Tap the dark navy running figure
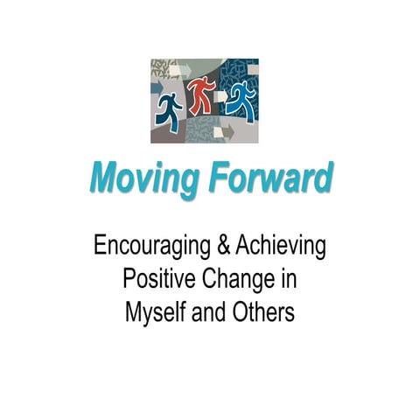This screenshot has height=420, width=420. point(169,112)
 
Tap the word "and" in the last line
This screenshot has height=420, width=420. point(219,311)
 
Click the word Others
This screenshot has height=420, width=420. point(268,311)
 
